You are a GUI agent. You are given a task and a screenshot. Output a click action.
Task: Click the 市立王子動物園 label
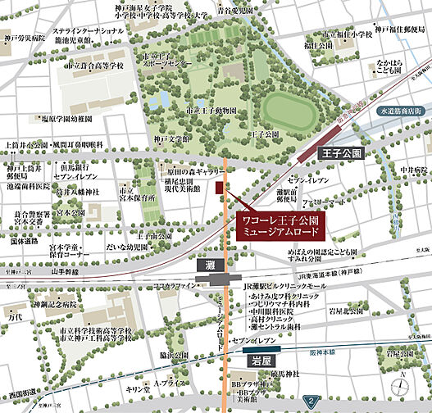(x=211, y=110)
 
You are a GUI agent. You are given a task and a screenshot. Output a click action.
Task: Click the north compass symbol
(x=402, y=386)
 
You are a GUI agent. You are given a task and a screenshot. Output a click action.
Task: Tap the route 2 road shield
(x=313, y=400)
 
